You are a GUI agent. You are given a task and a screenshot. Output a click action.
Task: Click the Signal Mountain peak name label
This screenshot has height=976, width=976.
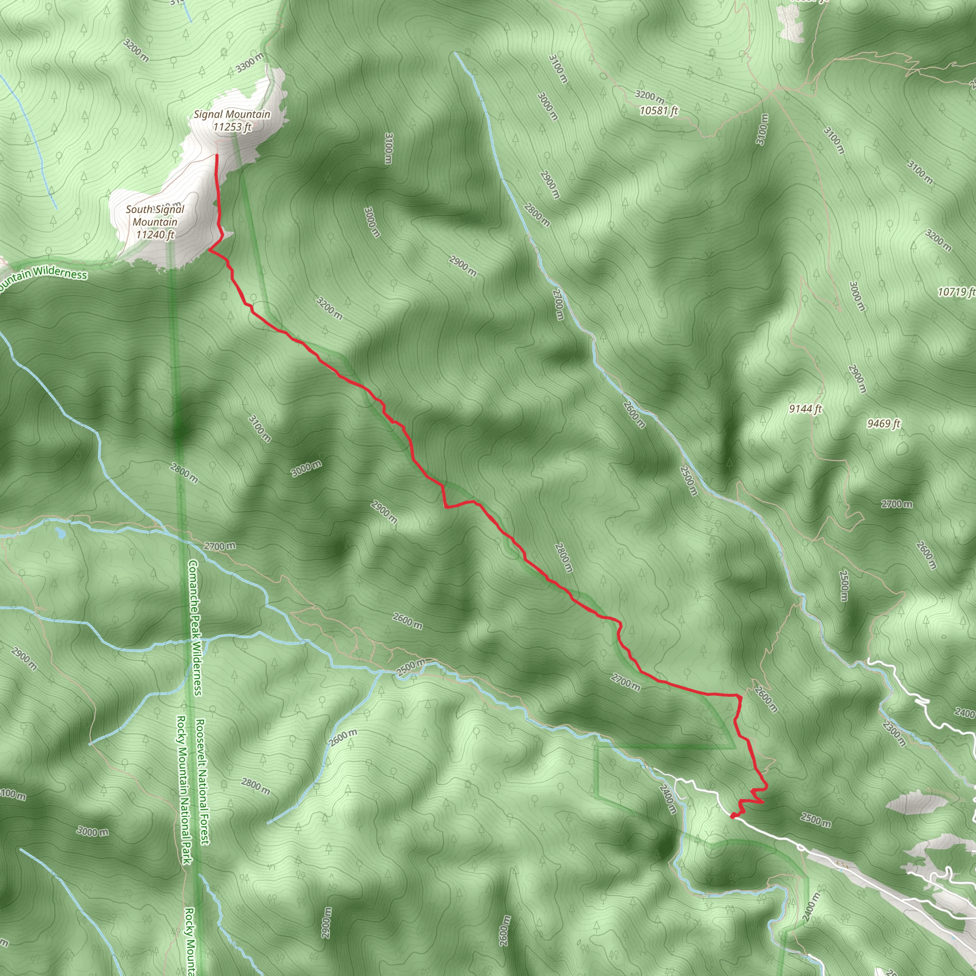pos(232,115)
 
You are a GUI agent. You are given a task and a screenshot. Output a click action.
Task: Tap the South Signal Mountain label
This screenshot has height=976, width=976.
pos(155,216)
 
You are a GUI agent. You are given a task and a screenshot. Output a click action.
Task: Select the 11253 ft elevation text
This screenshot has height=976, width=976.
pos(232,127)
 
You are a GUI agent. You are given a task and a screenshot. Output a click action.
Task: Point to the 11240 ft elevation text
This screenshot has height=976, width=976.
pos(155,234)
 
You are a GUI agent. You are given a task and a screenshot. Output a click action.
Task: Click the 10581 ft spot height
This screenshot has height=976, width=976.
pos(659,110)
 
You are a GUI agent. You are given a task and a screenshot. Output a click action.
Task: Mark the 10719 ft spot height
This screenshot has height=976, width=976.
pos(956,292)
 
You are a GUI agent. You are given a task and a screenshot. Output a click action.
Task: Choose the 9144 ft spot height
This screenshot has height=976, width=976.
pos(805,409)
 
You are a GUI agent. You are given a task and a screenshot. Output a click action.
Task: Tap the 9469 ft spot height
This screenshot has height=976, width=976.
pos(884,423)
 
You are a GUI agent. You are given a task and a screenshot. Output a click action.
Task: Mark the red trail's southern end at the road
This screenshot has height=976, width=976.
pos(733,815)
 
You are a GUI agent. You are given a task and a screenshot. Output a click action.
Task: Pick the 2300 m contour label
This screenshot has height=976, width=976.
pos(895,734)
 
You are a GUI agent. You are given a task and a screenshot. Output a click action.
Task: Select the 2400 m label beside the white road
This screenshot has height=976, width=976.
pos(668,798)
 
